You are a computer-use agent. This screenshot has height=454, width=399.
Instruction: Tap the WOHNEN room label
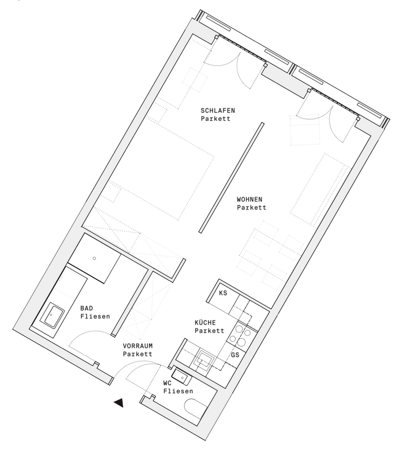(249, 199)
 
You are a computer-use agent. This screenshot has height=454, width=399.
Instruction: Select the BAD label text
(87, 308)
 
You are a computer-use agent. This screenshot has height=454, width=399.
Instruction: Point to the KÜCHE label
(205, 322)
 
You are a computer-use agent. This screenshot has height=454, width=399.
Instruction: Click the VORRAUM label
(138, 346)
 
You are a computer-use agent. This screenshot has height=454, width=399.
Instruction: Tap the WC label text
(167, 383)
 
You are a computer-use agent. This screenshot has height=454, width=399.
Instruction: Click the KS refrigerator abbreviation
(223, 293)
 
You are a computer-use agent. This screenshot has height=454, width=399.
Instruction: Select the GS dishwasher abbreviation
(235, 354)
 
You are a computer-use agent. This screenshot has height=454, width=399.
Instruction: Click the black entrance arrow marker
(119, 403)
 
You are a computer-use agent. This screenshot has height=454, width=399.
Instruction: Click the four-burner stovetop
(240, 336)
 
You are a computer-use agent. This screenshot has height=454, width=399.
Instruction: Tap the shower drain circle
(94, 258)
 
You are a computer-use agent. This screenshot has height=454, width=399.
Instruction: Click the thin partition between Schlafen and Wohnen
(231, 178)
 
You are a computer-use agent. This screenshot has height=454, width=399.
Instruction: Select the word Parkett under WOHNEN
(252, 207)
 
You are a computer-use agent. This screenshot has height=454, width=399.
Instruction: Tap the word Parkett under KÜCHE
(209, 331)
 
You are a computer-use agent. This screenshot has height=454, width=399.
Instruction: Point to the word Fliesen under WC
(178, 391)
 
